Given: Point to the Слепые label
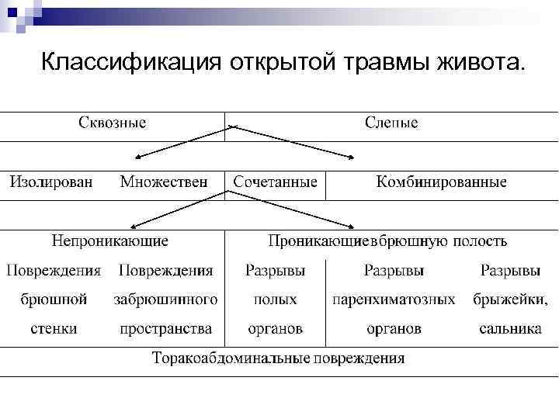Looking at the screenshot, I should (391, 123).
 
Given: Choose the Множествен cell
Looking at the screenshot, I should (164, 182).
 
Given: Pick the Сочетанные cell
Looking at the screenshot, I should (276, 182).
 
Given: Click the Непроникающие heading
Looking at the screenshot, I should (109, 241).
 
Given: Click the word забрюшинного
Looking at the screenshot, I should (165, 300).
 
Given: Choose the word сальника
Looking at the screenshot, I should (510, 329).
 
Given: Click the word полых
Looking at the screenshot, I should (275, 300).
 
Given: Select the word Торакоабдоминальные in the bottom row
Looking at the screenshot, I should (231, 358).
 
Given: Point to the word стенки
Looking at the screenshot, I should (54, 329).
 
